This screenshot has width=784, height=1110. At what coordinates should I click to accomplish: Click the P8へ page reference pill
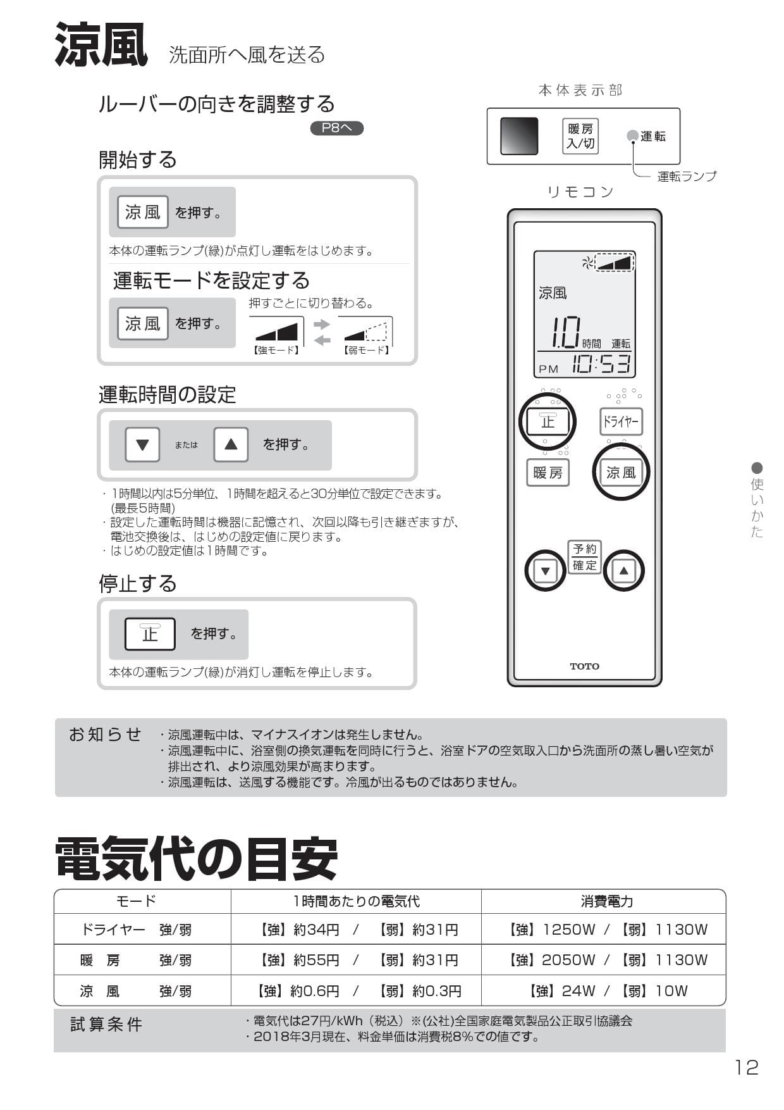click(x=336, y=128)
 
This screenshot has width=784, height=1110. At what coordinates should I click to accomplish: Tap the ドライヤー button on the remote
click(x=621, y=421)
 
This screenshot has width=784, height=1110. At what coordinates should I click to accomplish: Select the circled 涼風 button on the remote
click(x=621, y=472)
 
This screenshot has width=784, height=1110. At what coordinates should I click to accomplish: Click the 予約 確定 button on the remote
click(x=584, y=557)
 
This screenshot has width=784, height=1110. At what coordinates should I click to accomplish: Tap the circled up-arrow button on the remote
click(x=623, y=571)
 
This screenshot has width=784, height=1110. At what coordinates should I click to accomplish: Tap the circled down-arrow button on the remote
click(x=545, y=571)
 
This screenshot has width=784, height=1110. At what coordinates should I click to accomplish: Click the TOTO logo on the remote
click(x=584, y=666)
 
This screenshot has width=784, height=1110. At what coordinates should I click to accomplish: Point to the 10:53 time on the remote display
click(x=601, y=365)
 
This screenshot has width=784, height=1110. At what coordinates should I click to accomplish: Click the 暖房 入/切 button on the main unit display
click(x=580, y=136)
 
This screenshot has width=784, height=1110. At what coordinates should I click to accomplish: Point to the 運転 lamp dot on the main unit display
click(x=632, y=136)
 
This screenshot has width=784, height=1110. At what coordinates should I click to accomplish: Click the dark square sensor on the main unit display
click(x=519, y=136)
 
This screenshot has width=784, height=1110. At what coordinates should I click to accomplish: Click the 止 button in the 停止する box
click(x=150, y=633)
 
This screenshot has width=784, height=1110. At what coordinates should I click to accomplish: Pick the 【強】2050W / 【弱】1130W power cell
click(x=606, y=960)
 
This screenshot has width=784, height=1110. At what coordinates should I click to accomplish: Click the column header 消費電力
click(x=606, y=901)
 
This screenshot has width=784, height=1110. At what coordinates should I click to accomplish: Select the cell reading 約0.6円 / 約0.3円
click(x=358, y=990)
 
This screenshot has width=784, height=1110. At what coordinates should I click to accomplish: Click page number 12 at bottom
click(x=746, y=1068)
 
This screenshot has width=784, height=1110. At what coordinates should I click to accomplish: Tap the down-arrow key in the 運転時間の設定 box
click(x=142, y=444)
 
